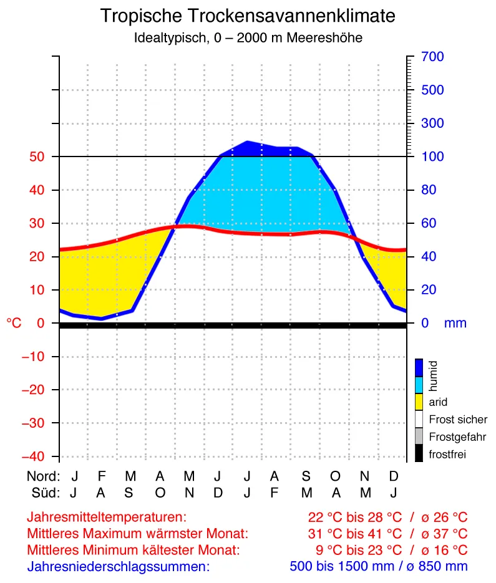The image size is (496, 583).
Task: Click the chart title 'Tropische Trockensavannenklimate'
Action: (248, 16)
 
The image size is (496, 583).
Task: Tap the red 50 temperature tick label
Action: (34, 157)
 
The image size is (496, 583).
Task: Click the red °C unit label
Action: (14, 323)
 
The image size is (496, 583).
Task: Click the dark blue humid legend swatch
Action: (419, 367)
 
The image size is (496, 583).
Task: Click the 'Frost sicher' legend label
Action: (458, 420)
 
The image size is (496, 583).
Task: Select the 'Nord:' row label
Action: (43, 476)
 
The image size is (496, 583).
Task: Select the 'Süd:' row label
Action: (46, 493)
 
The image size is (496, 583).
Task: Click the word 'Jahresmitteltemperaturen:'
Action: (107, 517)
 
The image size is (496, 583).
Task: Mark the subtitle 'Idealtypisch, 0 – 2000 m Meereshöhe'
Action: (248, 37)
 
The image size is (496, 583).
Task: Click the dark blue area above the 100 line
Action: (262, 150)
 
